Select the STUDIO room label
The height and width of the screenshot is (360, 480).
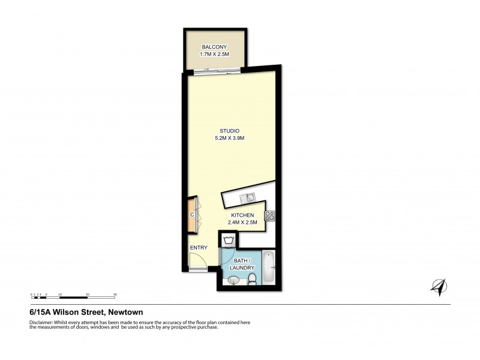coord(230,131)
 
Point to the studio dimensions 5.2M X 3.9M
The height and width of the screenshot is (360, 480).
coord(230,139)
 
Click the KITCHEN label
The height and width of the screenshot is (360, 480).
coord(242,215)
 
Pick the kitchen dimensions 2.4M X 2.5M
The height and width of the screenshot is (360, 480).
coord(242,223)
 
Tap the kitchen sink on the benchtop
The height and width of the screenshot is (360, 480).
coord(248,198)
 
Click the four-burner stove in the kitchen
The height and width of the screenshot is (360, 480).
coord(270,216)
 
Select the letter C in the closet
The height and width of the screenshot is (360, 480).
coord(192,215)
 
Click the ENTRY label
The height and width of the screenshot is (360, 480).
coord(199,247)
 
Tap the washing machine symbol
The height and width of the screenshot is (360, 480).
coord(228,241)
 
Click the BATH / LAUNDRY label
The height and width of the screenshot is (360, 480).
coord(242,264)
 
